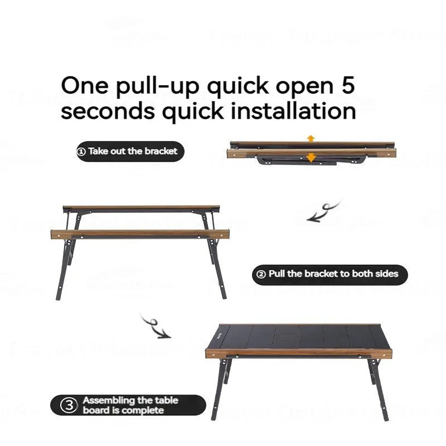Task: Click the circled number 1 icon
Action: (81, 151)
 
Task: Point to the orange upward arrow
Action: (311, 138)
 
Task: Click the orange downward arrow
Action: (311, 158)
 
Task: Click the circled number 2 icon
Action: (260, 274)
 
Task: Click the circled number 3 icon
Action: (69, 405)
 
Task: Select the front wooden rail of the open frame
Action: (139, 234)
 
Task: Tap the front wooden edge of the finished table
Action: (298, 353)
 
